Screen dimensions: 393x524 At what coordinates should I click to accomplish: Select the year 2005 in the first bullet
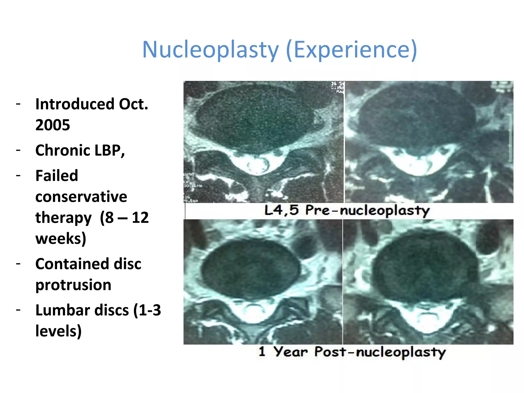click(x=53, y=125)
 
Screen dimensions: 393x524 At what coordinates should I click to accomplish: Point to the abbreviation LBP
click(x=110, y=150)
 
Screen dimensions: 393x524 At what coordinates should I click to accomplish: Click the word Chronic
click(x=62, y=150)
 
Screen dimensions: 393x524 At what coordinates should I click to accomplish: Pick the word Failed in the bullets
click(x=57, y=176)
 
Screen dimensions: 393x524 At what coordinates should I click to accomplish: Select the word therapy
click(x=63, y=218)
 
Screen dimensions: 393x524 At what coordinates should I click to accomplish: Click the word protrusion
click(x=73, y=285)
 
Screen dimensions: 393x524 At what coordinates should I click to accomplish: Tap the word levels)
click(x=58, y=331)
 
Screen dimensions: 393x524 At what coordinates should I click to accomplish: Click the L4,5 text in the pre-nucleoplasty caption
click(x=281, y=210)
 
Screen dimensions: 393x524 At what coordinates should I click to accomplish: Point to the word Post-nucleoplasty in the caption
click(x=380, y=352)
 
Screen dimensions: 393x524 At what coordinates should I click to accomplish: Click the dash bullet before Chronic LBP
click(x=18, y=150)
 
